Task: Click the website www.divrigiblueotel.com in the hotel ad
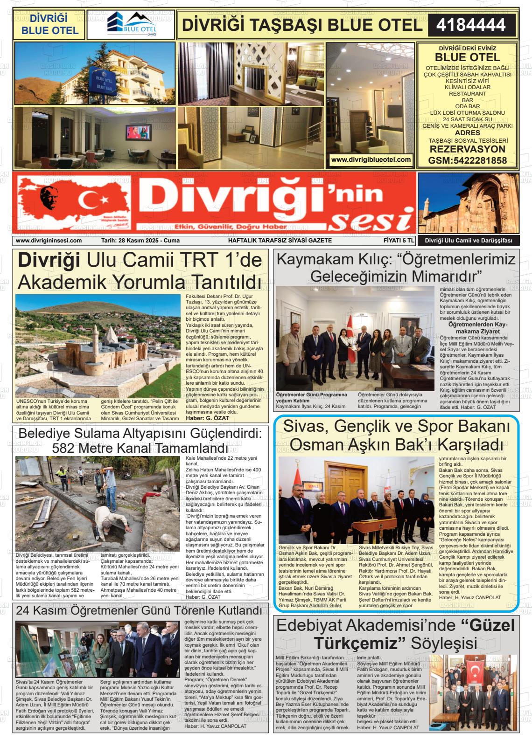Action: point(371,159)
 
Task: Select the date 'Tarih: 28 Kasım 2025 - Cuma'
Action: point(140,241)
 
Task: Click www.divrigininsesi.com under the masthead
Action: point(49,241)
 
